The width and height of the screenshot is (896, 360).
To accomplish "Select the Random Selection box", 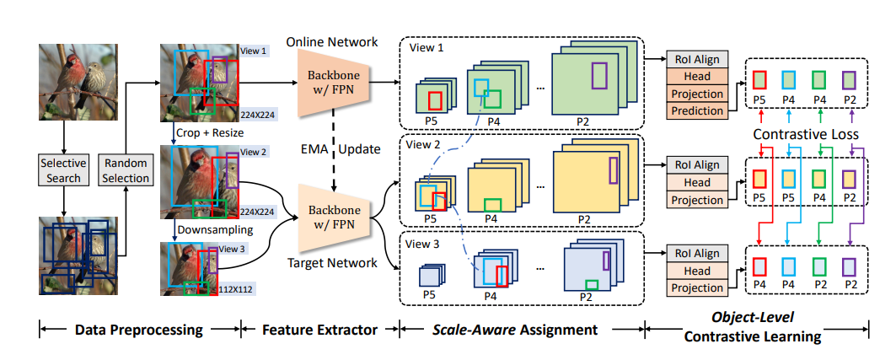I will [125, 169].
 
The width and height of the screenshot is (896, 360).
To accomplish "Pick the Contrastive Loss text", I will [807, 134].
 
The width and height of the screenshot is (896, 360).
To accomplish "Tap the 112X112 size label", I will [236, 290].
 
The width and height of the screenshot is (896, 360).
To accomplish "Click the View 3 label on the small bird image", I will [229, 250].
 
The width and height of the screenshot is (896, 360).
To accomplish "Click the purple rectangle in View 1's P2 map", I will [599, 76].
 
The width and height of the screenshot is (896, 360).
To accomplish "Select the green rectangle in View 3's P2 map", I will [593, 285].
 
